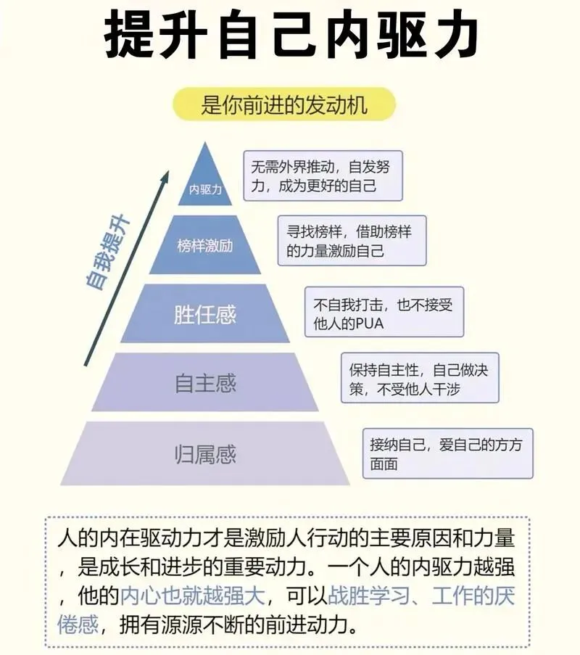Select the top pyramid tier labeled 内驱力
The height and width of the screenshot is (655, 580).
[x=205, y=185]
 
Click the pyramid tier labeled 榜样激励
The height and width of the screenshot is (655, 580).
[x=205, y=245]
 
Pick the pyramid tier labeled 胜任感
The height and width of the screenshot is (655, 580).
[x=205, y=314]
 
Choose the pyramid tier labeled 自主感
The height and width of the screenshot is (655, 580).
[x=205, y=382]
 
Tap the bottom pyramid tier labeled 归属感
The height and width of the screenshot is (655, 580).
[x=205, y=455]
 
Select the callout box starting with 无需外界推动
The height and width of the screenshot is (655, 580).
[x=323, y=176]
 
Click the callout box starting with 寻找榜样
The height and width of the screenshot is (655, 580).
[x=352, y=241]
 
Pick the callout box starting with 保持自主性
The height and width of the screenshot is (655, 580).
[x=420, y=379]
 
